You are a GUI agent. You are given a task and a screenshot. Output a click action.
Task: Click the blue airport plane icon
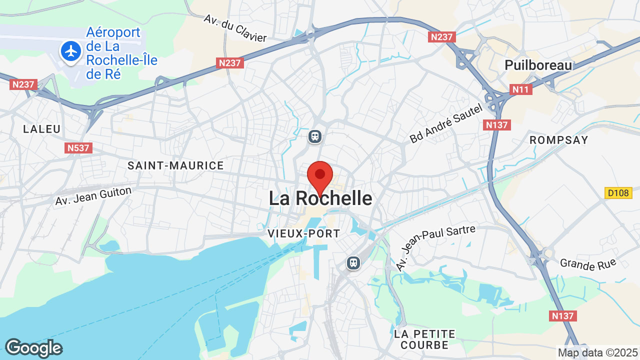point(71,51)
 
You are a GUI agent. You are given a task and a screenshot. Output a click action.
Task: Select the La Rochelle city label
point(320,198)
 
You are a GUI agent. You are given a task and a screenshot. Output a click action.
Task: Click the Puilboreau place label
point(538,65)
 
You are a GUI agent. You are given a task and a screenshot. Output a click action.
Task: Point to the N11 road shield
point(521,89)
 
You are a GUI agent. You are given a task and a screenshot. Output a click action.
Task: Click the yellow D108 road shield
point(618,192)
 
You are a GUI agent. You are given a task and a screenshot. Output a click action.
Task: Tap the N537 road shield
point(78,148)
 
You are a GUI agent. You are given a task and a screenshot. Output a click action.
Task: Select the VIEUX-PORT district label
point(304,233)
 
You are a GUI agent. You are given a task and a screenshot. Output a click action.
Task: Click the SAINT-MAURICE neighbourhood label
point(175,165)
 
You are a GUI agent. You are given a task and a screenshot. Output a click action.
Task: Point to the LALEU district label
point(42,129)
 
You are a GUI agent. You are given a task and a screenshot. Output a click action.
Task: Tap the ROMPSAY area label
point(559,140)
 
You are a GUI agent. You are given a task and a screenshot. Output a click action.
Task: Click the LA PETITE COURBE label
point(424,339)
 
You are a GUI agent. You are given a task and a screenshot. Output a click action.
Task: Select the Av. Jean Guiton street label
point(93,196)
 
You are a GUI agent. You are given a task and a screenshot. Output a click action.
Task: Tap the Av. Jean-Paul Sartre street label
point(435,247)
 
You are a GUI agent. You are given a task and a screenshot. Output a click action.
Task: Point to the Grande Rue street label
point(588,264)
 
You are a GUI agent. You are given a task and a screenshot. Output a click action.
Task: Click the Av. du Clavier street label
point(235,28)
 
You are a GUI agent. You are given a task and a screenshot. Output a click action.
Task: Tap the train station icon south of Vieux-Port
point(353,262)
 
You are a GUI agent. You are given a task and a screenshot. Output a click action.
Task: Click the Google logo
point(33,348)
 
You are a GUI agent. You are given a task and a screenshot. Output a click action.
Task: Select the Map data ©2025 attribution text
point(598,353)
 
